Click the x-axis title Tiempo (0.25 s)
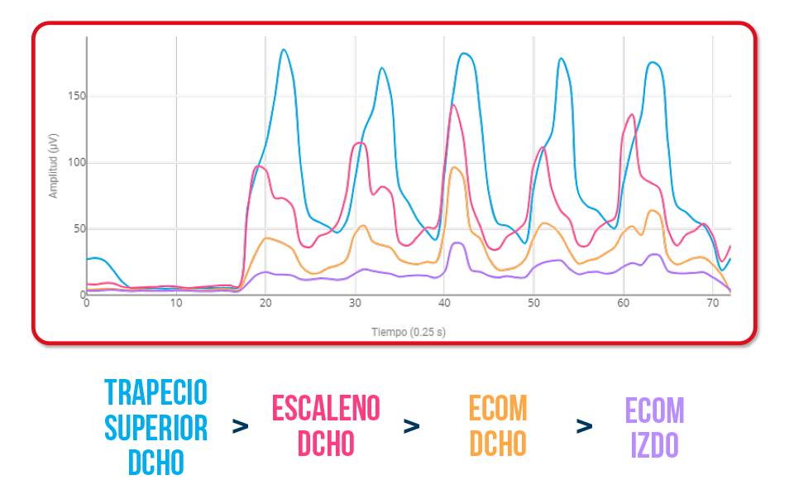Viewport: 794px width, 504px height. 409,333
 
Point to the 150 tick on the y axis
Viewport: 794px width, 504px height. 77,96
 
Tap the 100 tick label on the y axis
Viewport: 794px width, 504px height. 77,162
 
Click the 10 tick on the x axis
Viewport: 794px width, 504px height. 176,303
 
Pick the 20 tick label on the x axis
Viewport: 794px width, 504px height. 265,303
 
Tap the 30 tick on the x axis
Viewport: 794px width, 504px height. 355,303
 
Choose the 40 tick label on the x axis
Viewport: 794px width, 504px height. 444,303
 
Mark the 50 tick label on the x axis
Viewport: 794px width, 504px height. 533,303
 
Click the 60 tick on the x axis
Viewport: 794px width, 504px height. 623,303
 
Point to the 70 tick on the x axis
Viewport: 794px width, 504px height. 712,303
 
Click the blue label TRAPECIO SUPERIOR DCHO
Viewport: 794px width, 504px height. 156,427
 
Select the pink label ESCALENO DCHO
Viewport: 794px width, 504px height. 326,426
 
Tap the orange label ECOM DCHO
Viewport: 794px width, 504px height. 498,426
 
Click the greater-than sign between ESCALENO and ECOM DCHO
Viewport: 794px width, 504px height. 411,426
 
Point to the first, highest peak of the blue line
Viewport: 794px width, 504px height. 284,50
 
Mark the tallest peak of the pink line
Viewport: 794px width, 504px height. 452,104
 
